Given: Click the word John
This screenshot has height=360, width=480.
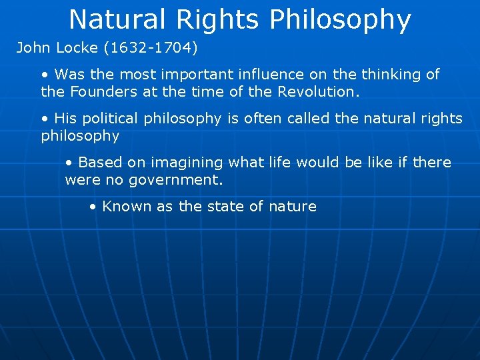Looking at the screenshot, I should click(x=32, y=48).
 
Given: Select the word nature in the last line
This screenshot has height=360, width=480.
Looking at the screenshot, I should click(x=292, y=207).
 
